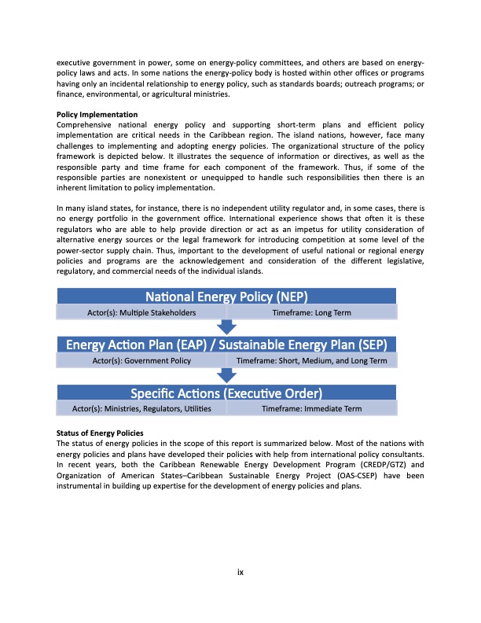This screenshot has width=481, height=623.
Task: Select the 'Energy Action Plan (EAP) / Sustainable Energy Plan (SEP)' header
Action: coord(226,345)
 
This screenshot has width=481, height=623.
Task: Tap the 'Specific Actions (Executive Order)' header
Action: coord(226,393)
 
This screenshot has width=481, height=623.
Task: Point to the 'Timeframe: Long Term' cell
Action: coord(311,312)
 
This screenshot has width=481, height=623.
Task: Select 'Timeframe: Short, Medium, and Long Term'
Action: coord(312,360)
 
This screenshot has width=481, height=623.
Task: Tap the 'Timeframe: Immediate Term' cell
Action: coord(311,409)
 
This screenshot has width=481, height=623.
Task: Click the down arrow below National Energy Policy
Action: coord(226,327)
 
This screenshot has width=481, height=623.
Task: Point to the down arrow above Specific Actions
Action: coord(226,376)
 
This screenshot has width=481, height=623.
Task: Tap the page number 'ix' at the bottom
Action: coord(240,572)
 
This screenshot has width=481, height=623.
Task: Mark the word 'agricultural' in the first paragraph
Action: coord(163,94)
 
